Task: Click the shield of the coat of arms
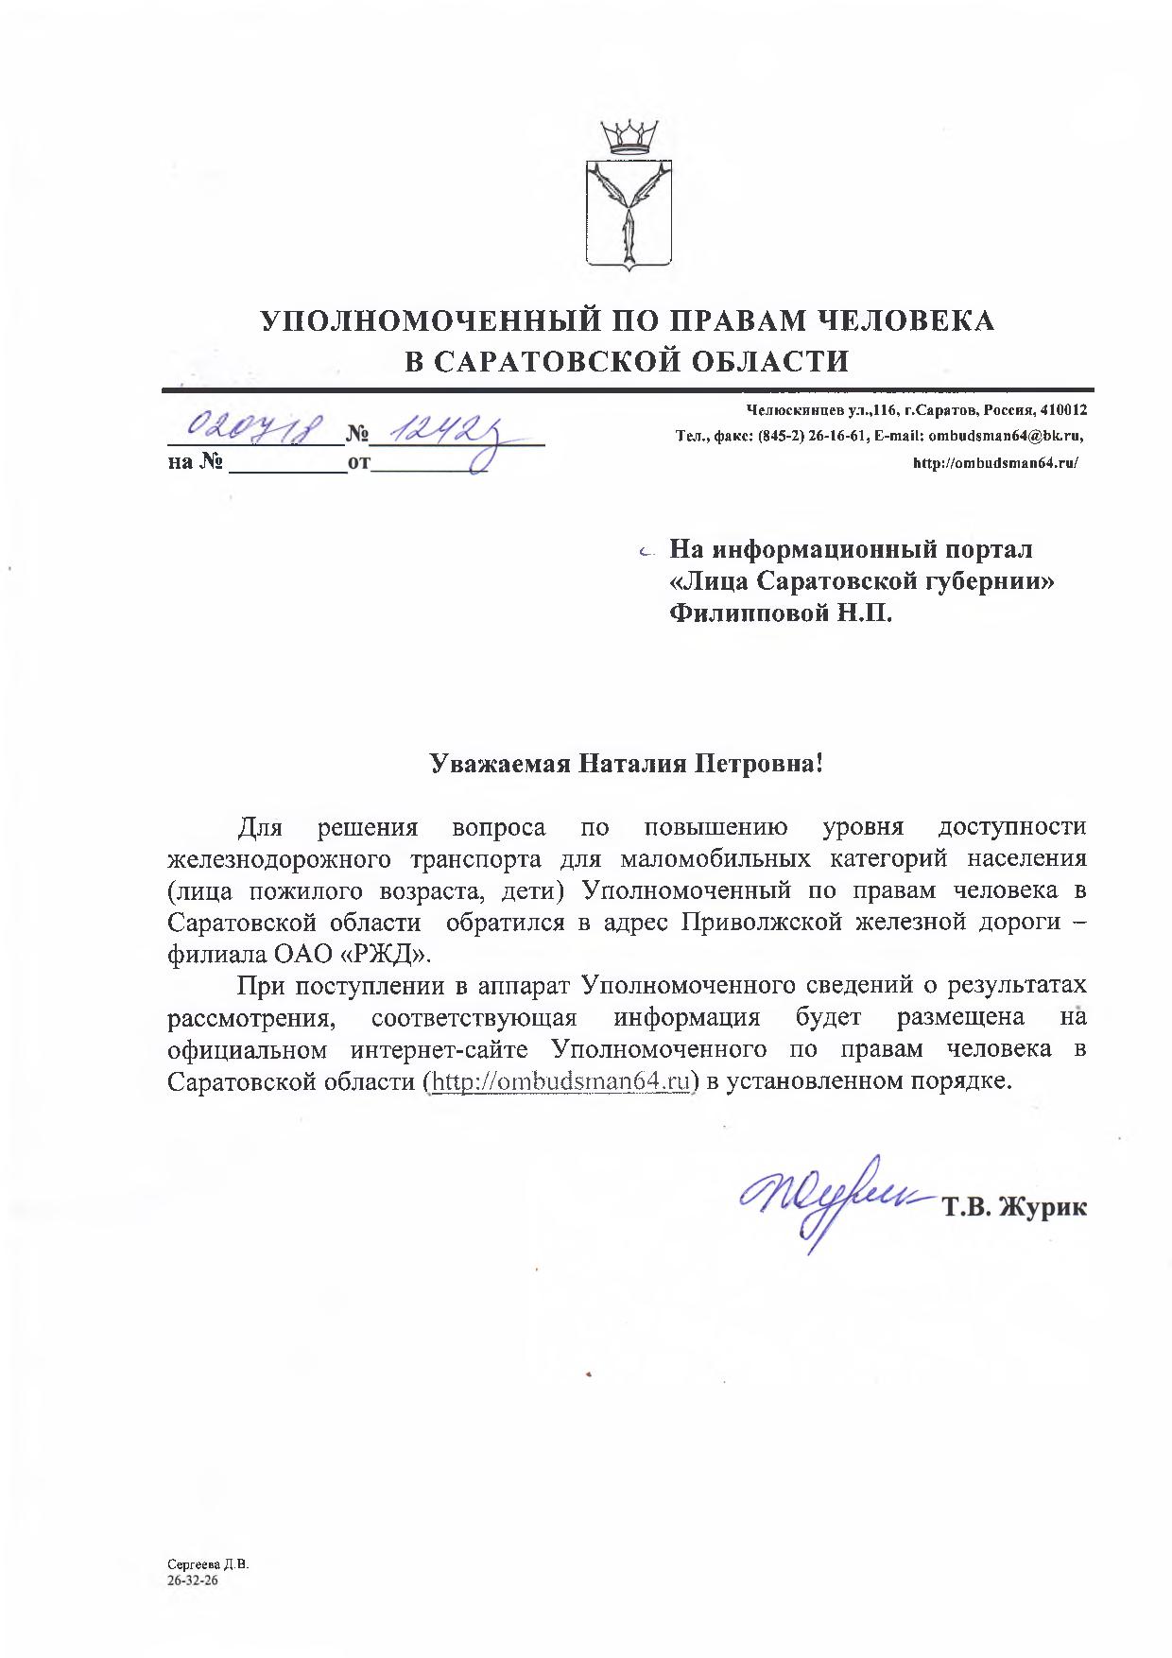(629, 215)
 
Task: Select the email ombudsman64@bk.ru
(1004, 437)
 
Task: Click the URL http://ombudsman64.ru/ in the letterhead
(994, 463)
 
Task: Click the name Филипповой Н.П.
(780, 613)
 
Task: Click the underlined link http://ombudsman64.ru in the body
(560, 1081)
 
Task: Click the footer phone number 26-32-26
(193, 1578)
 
